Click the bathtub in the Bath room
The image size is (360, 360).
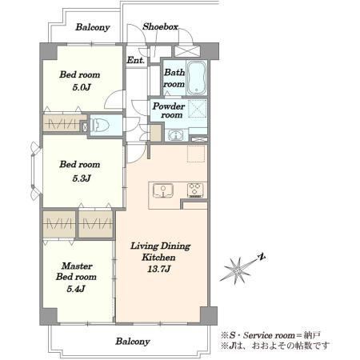tap(197, 78)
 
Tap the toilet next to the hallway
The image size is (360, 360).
tap(101, 125)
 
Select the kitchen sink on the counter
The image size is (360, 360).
tap(163, 190)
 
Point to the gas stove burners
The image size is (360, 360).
tap(195, 190)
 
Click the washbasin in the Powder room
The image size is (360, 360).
tap(176, 135)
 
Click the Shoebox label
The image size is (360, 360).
tap(160, 26)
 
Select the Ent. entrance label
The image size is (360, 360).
tap(135, 60)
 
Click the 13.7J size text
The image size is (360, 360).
tap(159, 269)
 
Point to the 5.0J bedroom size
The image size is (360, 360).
tap(82, 87)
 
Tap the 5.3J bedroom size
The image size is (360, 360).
tap(82, 178)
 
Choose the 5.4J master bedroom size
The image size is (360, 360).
tap(76, 289)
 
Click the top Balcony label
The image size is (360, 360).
tap(93, 27)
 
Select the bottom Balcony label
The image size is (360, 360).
tap(133, 342)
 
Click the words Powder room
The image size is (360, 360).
tap(169, 110)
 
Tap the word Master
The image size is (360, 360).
tap(77, 266)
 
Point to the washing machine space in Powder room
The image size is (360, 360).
tap(198, 109)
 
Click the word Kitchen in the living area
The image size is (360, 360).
tap(158, 258)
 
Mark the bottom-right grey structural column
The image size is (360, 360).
tap(209, 315)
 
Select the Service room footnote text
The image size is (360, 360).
tap(270, 335)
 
